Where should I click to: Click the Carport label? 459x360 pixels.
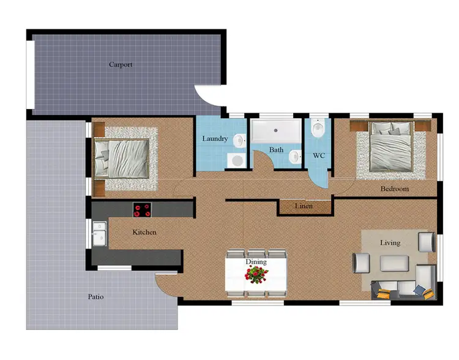(121, 64)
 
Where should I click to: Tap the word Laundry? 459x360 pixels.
(215, 139)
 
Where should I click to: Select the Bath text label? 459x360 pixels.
(276, 150)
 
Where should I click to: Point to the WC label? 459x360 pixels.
(318, 156)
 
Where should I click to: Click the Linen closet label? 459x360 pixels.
(304, 206)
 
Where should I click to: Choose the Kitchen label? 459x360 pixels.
(144, 232)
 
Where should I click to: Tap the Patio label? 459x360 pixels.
(95, 296)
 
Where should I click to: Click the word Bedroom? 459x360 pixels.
(394, 189)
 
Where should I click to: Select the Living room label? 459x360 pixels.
(390, 242)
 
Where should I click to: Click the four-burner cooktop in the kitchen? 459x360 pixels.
(143, 209)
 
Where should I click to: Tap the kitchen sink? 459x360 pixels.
(100, 233)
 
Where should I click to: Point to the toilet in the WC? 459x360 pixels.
(317, 130)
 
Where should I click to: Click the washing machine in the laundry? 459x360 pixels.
(236, 160)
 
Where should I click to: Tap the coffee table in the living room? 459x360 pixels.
(395, 263)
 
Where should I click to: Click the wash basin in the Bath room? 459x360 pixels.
(296, 157)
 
